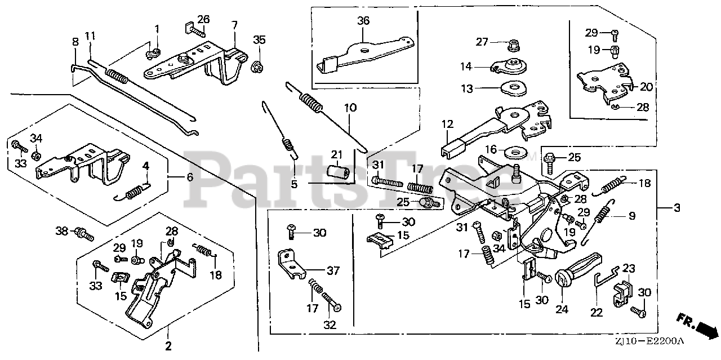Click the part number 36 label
[363, 20]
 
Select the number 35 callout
[259, 39]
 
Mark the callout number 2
[168, 345]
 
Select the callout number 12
[447, 123]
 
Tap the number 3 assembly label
[677, 208]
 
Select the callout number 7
[234, 25]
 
